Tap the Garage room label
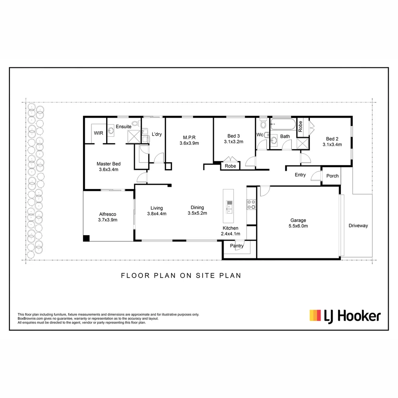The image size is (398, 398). pos(297,221)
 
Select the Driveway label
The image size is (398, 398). pos(358,226)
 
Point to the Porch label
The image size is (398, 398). pos(332,176)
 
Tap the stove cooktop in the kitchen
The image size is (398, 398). pos(251,204)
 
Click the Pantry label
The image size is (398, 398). pos(237,246)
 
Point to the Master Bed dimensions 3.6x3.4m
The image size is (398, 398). pos(108,170)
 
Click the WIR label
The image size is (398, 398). pos(98,133)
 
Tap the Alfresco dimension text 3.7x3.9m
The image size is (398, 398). pos(108,220)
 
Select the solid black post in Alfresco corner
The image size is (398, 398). pos(86,238)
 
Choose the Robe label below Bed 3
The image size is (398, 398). pos(230,166)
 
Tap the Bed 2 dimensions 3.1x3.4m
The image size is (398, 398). pos(332,145)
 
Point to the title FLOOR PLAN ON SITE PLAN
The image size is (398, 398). pos(181,275)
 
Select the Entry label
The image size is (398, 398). pos(300,175)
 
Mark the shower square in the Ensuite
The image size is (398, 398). pos(134,136)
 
